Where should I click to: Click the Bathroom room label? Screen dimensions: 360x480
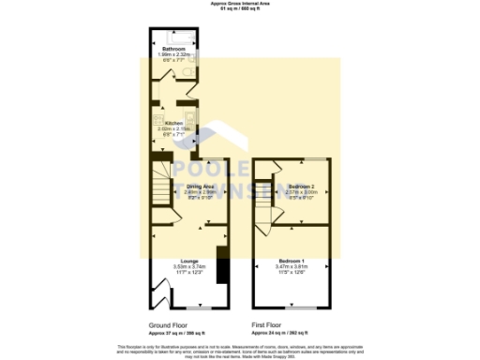tap(173, 48)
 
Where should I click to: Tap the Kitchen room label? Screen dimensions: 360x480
tap(173, 123)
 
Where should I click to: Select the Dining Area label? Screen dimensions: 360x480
tap(201, 187)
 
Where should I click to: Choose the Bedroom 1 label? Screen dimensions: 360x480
tap(292, 260)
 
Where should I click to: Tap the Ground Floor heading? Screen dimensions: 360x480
tap(168, 324)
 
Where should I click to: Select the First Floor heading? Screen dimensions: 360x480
tap(269, 324)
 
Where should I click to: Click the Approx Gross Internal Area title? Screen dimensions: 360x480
tap(239, 4)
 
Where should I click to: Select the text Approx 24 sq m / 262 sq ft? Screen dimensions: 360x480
tap(285, 333)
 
